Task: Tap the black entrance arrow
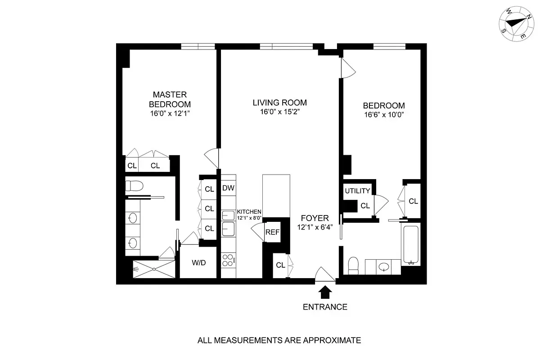pyautogui.click(x=325, y=292)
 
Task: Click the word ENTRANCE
pyautogui.click(x=325, y=307)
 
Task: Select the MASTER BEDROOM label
pyautogui.click(x=169, y=99)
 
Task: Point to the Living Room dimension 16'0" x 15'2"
pyautogui.click(x=279, y=112)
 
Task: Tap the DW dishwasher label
pyautogui.click(x=228, y=189)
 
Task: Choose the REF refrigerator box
pyautogui.click(x=272, y=232)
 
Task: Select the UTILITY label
pyautogui.click(x=358, y=191)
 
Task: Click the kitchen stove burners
pyautogui.click(x=228, y=261)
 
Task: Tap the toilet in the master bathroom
pyautogui.click(x=134, y=185)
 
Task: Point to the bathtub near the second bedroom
pyautogui.click(x=411, y=245)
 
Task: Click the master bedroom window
pyautogui.click(x=198, y=46)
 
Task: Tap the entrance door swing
pyautogui.click(x=325, y=274)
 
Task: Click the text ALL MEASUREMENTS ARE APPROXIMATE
pyautogui.click(x=279, y=340)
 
